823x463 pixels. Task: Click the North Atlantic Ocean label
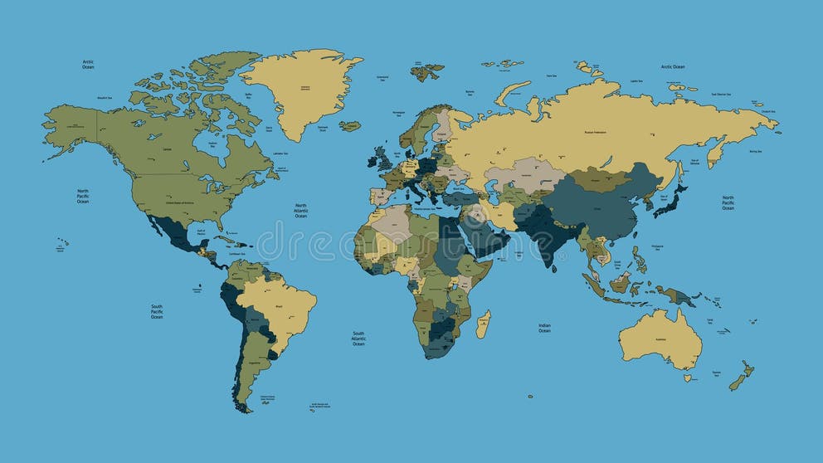point(301,210)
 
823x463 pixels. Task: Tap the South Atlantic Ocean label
point(358,338)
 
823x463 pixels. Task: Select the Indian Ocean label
point(544,329)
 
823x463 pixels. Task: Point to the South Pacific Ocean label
point(157,311)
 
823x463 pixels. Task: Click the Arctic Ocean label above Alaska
point(88,64)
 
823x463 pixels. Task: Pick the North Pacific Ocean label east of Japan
point(728,203)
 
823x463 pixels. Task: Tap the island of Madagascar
point(483,324)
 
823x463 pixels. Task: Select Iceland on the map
point(349,126)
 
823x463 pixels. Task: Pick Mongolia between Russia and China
point(597,178)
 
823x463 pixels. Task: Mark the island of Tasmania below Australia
point(687,378)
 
